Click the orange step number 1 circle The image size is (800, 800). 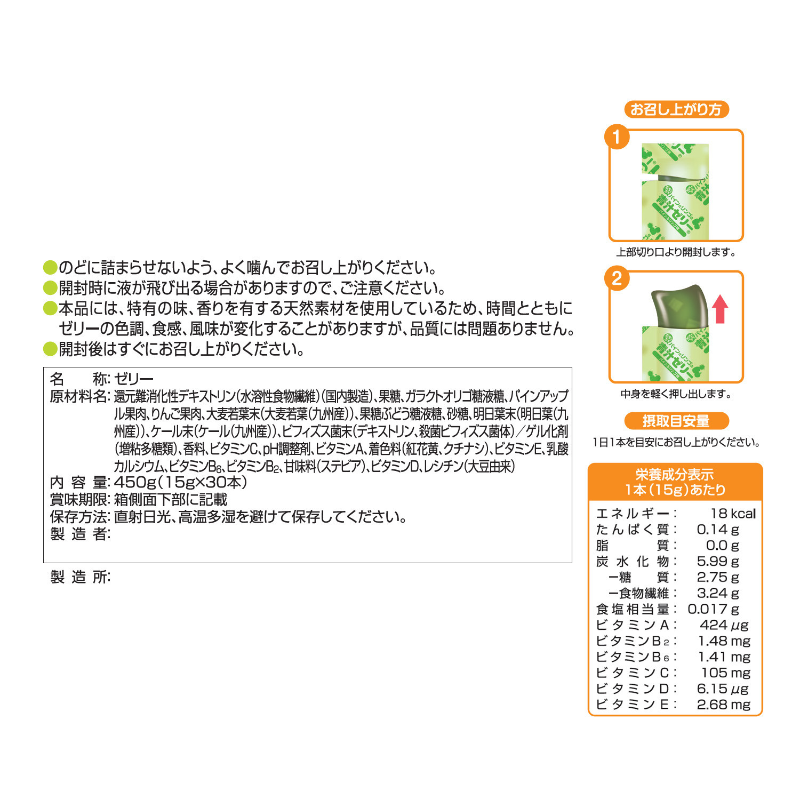point(617,137)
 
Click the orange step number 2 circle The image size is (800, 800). point(617,278)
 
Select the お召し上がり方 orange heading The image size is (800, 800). point(676,109)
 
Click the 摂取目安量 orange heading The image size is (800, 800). point(676,421)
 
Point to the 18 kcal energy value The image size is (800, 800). point(733,513)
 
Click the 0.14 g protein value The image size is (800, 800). point(718,529)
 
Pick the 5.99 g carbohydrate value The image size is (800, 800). point(718,561)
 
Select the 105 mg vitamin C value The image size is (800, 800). point(725,673)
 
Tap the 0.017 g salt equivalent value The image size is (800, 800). point(713,609)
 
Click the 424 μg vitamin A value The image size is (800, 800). point(724,625)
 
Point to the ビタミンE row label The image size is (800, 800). point(633,704)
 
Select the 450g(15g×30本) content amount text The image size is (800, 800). point(181,482)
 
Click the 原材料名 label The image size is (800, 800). point(79,396)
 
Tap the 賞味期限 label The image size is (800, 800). point(79,500)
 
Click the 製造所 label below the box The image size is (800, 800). point(79,577)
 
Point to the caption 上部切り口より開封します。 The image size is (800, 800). point(676,252)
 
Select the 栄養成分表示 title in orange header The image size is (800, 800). point(675,474)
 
